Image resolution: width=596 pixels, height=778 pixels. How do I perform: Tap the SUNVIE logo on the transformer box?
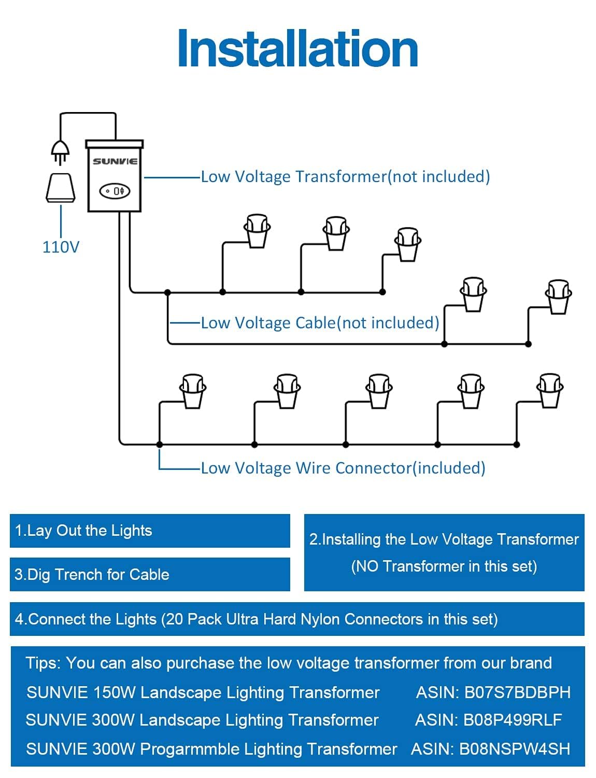point(115,161)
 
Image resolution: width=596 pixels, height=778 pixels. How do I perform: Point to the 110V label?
point(61,247)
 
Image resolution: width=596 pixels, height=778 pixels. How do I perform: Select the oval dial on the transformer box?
point(115,191)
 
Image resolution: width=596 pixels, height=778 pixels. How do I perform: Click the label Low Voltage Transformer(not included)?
point(345,177)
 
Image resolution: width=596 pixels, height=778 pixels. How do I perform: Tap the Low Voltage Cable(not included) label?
point(320,323)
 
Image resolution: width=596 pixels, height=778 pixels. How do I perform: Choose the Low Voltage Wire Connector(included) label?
point(343,468)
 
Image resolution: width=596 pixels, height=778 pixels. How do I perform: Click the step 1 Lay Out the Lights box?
point(150,531)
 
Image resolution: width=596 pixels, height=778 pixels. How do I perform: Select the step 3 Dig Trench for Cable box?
point(150,574)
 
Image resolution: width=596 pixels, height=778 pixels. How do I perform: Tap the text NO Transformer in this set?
point(444,566)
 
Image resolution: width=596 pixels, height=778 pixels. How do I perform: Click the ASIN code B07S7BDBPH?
point(517,692)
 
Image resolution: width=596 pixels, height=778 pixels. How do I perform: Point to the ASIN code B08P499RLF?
point(512,720)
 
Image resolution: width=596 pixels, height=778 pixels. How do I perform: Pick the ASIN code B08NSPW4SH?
point(514,749)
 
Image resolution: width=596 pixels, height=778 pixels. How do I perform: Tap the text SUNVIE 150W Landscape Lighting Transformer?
point(203,692)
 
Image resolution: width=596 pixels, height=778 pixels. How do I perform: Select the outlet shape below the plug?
point(61,187)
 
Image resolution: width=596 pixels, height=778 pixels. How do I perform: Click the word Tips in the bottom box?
point(42,663)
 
